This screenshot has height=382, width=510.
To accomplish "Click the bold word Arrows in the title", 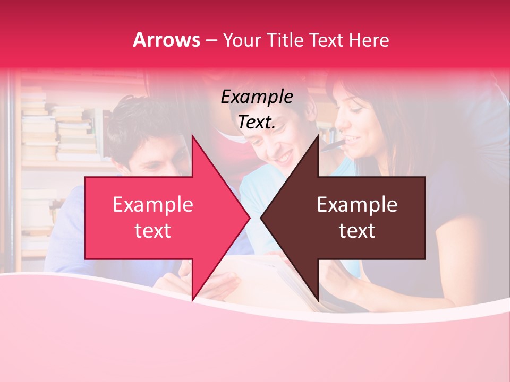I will (167, 40).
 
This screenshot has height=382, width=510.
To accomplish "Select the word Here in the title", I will (369, 40).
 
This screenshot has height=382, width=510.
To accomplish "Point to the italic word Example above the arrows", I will (257, 97).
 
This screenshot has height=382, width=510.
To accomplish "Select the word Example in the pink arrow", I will (153, 205).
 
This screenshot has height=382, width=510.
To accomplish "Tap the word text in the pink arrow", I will (153, 231).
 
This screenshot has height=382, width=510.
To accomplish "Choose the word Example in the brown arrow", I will (357, 205).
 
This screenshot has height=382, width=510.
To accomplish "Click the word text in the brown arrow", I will (357, 231).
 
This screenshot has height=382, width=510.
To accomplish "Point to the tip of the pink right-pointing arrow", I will (250, 218).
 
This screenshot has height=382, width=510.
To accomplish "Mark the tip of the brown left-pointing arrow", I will (261, 218).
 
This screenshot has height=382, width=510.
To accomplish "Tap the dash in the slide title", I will (211, 40).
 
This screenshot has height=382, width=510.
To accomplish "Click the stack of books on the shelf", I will (74, 133).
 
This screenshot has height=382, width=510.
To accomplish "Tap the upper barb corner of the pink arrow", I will (192, 136).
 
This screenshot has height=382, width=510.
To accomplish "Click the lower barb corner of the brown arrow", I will (318, 300).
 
